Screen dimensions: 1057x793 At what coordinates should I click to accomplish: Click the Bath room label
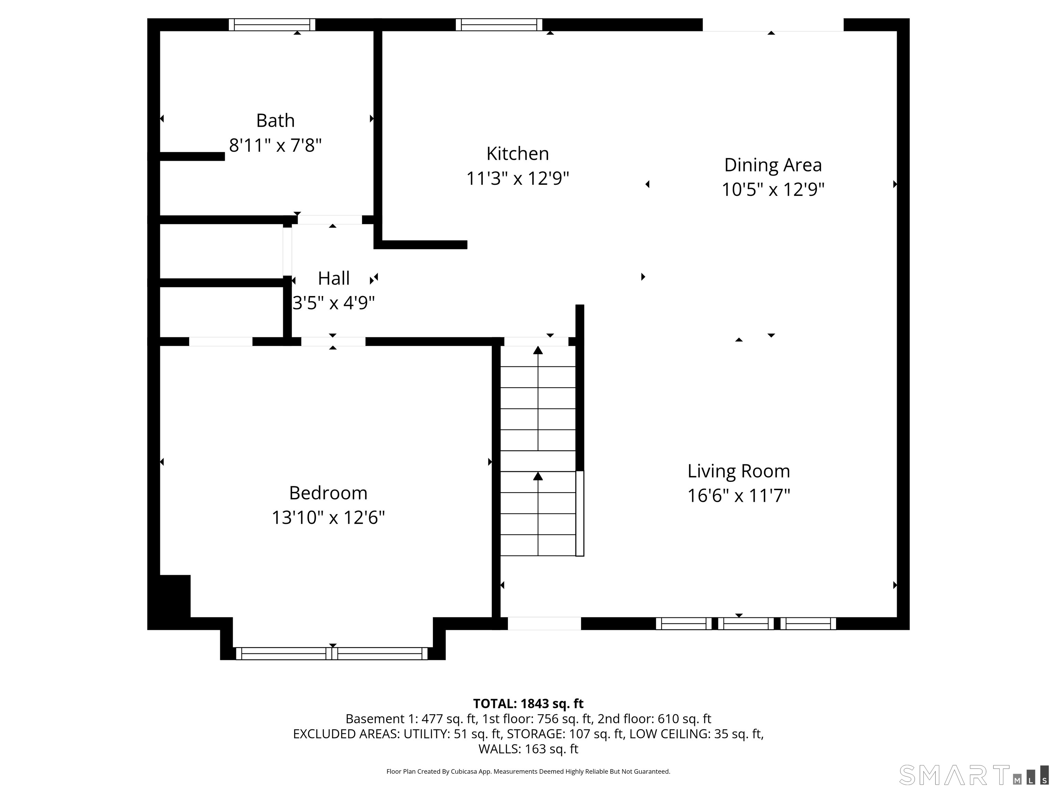pos(275,120)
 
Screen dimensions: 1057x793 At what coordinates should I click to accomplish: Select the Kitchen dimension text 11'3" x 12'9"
pos(517,179)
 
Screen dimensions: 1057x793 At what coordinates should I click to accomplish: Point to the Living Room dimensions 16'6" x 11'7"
pos(739,496)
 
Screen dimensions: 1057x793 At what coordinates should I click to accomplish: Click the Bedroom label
pos(328,493)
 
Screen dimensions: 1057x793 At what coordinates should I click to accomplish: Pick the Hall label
pos(333,278)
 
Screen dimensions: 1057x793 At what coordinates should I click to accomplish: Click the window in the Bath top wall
pos(272,24)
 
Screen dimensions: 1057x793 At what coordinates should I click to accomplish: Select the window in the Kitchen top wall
pos(499,24)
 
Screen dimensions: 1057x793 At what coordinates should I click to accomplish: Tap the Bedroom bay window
pos(332,653)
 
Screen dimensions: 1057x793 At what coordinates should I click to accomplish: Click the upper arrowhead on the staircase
pos(538,350)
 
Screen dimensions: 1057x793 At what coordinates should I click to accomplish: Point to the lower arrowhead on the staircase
pos(538,476)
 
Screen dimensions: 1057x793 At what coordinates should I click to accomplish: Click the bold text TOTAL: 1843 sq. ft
pos(528,704)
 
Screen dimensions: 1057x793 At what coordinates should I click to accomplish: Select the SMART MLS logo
pos(973,775)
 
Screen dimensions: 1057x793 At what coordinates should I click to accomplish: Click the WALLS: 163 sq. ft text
pos(528,749)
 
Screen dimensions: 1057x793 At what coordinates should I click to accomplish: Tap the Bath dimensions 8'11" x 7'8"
pos(275,145)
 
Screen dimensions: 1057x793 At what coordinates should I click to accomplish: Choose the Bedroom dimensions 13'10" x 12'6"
pos(328,518)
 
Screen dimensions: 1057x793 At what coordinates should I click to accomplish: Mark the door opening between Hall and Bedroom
pos(333,342)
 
